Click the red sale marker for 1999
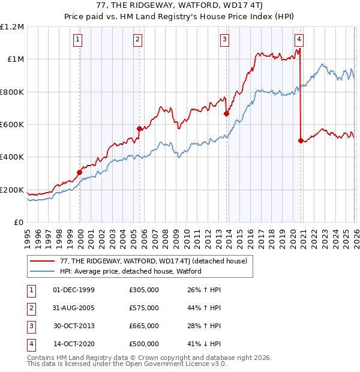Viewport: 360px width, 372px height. click(79, 172)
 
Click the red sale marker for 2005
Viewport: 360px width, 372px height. click(139, 128)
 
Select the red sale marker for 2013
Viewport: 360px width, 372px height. click(226, 113)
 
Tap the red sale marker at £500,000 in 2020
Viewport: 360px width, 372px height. click(300, 140)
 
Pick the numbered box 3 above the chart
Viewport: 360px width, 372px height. click(225, 40)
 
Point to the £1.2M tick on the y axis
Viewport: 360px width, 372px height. click(12, 27)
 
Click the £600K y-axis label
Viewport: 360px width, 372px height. click(12, 125)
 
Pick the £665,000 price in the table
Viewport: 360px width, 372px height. click(144, 326)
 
